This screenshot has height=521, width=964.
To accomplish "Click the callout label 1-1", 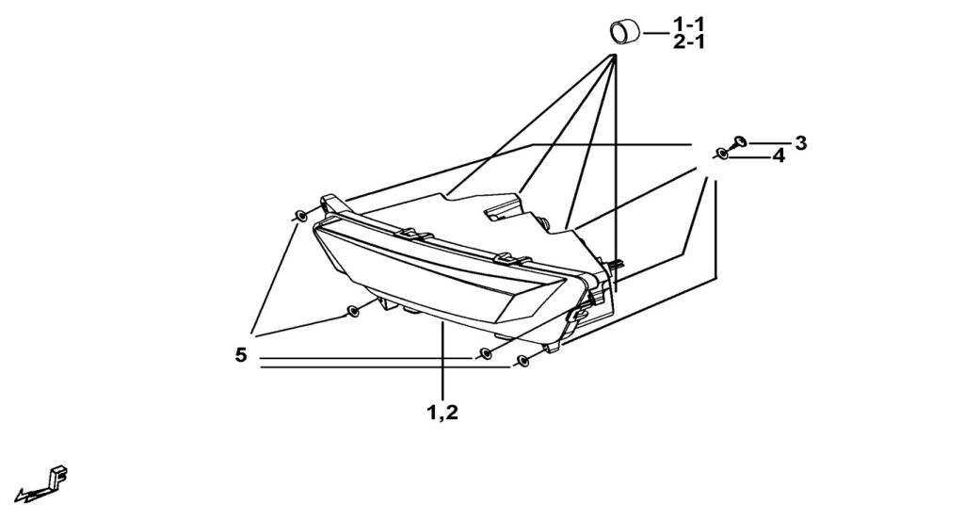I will (688, 23).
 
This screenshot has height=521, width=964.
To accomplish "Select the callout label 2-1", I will (688, 41).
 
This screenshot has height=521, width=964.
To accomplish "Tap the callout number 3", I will (800, 143).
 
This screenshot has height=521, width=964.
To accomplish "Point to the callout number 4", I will (779, 156).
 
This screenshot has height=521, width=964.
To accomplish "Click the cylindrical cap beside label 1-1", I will (623, 31).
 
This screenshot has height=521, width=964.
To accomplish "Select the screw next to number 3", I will (739, 142).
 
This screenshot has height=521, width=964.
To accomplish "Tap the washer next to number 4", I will (721, 154).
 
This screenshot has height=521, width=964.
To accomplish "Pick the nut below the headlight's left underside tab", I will (352, 310).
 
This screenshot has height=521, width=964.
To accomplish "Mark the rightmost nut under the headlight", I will (523, 360).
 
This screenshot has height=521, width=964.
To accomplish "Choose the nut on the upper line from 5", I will (486, 353).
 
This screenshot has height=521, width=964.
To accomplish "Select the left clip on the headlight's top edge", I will (411, 233).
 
